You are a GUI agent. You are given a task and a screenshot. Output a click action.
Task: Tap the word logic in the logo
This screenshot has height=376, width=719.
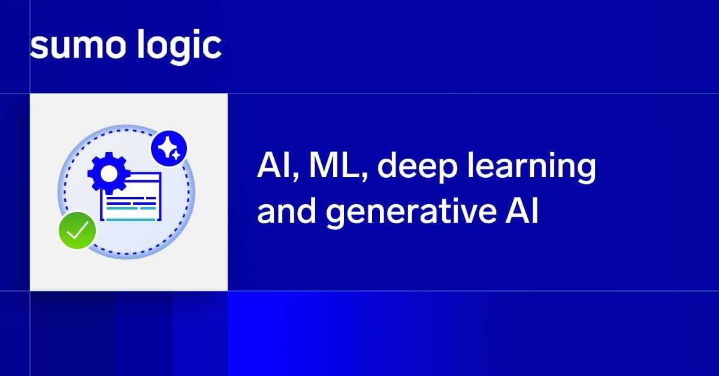pyautogui.click(x=179, y=46)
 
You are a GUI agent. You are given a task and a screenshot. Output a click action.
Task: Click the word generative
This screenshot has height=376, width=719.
pyautogui.click(x=411, y=213)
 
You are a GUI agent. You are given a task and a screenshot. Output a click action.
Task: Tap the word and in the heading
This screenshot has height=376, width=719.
pyautogui.click(x=286, y=211)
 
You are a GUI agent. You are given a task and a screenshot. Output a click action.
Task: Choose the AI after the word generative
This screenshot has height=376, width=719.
pyautogui.click(x=522, y=211)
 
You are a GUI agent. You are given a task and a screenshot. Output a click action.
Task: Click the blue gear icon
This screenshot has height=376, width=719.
pyautogui.click(x=109, y=173)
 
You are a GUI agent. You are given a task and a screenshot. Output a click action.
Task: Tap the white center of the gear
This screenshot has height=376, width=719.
pyautogui.click(x=109, y=174)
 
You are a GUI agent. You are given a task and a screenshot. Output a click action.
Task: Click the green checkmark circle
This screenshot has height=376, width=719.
pyautogui.click(x=77, y=231)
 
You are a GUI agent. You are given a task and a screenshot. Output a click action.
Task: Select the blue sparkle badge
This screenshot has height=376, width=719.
pyautogui.click(x=169, y=148)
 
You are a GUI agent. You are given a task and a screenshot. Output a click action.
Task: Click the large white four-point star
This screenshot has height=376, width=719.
pyautogui.click(x=167, y=147)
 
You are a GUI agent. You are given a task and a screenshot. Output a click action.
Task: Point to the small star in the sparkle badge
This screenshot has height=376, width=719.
pyautogui.click(x=176, y=156)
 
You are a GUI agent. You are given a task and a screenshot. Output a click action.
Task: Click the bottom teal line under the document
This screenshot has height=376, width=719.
pyautogui.click(x=131, y=220)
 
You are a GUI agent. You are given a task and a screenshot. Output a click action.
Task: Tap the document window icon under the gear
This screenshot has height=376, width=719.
pyautogui.click(x=131, y=196)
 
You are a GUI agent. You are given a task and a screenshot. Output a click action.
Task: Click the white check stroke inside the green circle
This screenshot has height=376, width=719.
pyautogui.click(x=78, y=230)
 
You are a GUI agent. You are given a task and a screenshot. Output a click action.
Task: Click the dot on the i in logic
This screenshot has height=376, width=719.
pyautogui.click(x=194, y=32)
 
